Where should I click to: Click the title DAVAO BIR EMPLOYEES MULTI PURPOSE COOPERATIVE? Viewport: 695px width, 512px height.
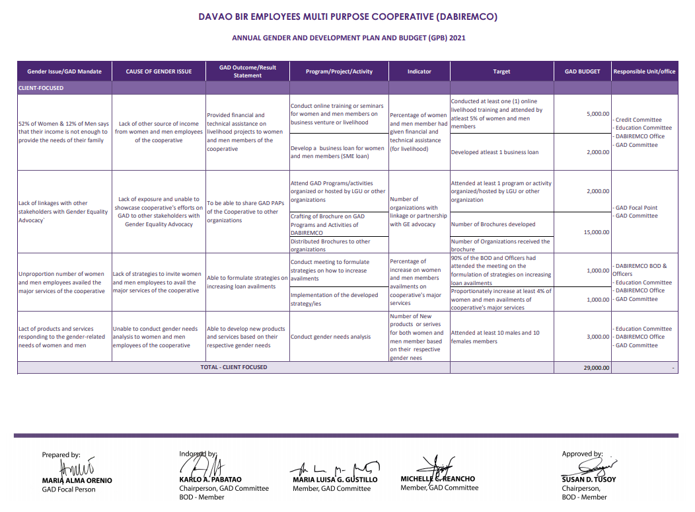(x=348, y=17)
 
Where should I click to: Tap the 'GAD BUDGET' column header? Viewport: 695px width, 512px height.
(x=582, y=71)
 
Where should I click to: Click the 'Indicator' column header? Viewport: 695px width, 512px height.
(x=419, y=71)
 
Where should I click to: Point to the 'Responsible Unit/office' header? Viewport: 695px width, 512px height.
(x=644, y=71)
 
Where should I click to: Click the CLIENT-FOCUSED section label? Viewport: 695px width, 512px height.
(x=41, y=88)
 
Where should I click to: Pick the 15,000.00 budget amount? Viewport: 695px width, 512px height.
(x=595, y=232)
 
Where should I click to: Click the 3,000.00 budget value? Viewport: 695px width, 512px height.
(x=597, y=337)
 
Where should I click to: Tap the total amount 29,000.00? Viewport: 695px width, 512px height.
(x=596, y=367)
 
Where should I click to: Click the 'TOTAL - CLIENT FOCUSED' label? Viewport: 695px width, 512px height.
(x=234, y=367)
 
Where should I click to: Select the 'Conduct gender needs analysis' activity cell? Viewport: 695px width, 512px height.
(x=331, y=337)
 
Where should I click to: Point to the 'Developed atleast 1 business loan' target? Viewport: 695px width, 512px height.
(x=494, y=152)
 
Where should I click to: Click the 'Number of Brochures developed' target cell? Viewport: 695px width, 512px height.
(x=493, y=224)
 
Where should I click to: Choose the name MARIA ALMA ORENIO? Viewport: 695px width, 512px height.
(x=77, y=480)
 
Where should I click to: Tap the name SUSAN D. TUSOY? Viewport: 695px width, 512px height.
(x=589, y=480)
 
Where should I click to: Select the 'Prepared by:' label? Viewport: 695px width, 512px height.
(x=61, y=455)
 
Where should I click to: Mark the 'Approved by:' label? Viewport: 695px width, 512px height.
(x=582, y=454)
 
